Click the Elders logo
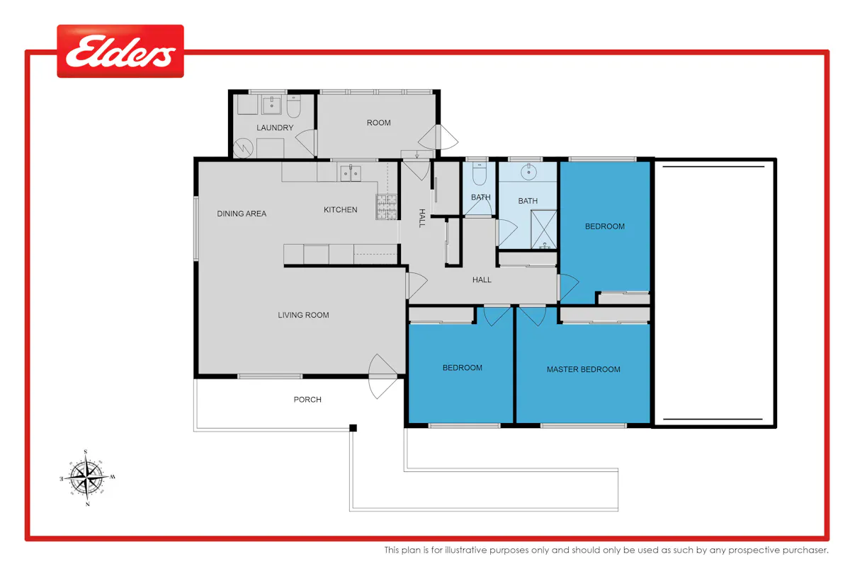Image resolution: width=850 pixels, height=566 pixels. coord(120,51)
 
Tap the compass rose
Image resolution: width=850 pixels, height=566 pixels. coord(87,478)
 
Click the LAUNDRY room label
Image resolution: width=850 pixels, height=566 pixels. coord(275,128)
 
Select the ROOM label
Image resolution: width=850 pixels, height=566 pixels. coord(378,123)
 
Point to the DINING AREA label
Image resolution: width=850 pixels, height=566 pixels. coord(242,214)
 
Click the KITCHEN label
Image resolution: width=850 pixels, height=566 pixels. coord(341,209)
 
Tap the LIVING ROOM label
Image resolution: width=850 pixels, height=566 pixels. coord(303,315)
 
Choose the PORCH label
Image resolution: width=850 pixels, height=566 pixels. coord(307,400)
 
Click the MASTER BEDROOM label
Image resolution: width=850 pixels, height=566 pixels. coord(583,369)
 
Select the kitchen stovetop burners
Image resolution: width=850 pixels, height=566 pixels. coord(386,207)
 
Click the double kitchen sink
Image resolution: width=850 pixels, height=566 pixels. coord(350,173)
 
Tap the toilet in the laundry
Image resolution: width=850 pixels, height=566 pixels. coord(293,106)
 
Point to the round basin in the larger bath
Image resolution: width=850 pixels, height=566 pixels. coord(528,172)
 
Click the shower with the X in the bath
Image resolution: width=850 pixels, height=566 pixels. coord(543,229)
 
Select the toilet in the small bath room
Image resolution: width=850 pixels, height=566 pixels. coord(480,174)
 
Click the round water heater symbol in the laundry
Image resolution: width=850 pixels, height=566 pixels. coord(243,149)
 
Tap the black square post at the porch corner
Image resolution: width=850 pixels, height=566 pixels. coord(353,428)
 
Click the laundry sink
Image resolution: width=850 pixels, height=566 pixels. coord(271,105)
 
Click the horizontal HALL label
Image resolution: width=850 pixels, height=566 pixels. coord(482,279)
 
